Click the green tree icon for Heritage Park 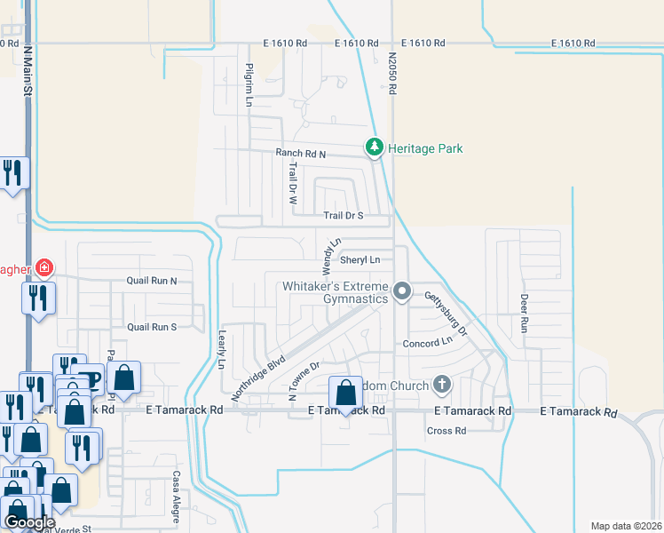click(375, 147)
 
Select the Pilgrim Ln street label click(250, 86)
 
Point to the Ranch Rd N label click(300, 154)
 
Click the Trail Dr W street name click(291, 183)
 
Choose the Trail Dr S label click(343, 215)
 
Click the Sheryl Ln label click(360, 260)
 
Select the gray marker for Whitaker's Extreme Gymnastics click(403, 291)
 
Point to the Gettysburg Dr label click(444, 313)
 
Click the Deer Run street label click(524, 313)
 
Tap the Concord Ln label click(428, 343)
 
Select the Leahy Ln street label click(222, 350)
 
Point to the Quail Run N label click(152, 282)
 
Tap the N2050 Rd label click(391, 74)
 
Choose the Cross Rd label click(447, 431)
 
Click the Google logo click(30, 522)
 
